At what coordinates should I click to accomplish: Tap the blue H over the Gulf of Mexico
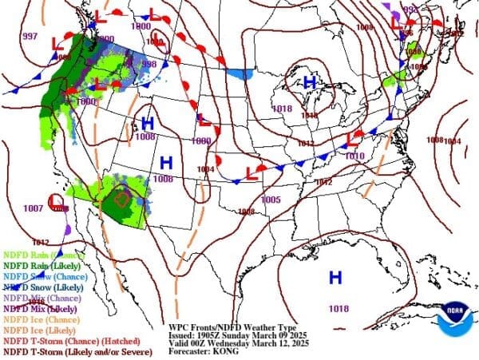[335, 278]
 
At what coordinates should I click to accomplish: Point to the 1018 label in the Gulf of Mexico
[338, 308]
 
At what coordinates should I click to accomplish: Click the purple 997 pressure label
[30, 37]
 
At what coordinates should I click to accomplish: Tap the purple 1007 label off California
[33, 208]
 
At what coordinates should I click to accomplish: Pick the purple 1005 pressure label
[271, 199]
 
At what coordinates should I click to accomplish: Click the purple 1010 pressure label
[355, 156]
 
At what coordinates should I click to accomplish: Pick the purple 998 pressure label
[148, 65]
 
